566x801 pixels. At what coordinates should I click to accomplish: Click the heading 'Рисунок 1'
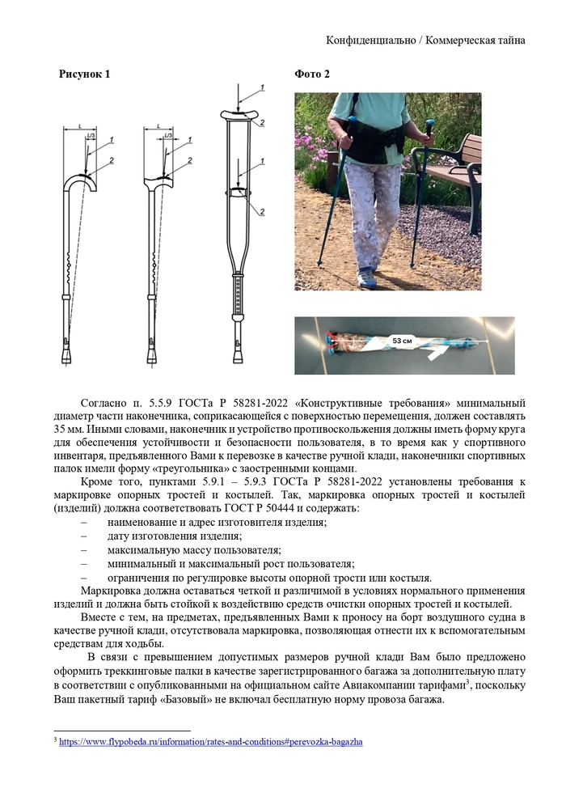[85, 74]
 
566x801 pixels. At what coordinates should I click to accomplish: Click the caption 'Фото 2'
[312, 74]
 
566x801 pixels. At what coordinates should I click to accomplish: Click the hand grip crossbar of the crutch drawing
[239, 191]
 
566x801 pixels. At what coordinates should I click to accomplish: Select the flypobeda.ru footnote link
[210, 740]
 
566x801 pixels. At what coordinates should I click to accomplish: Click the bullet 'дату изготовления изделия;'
[174, 536]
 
